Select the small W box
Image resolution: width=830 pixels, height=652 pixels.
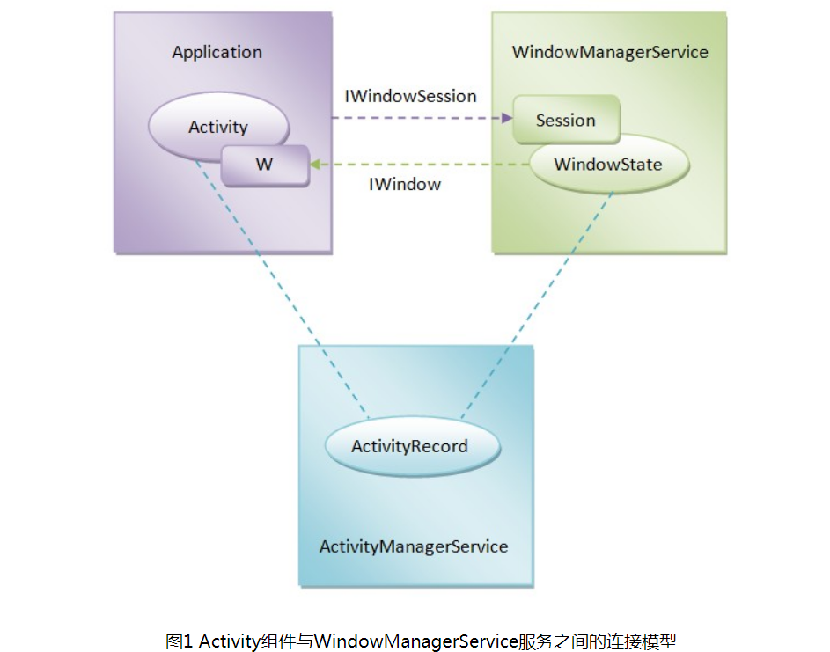tap(264, 165)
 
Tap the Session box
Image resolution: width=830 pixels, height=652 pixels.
tap(566, 121)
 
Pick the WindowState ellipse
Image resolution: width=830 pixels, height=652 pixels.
tap(607, 165)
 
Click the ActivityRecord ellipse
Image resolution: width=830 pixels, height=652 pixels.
tap(409, 446)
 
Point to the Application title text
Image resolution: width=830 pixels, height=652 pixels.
tap(217, 52)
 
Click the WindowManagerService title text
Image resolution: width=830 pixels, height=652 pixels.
tap(609, 52)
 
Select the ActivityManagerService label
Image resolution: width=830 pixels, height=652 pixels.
tap(414, 546)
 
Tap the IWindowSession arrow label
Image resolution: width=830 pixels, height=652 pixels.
tap(410, 96)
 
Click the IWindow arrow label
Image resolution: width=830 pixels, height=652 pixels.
tap(404, 185)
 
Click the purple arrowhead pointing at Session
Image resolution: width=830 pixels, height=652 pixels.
tap(506, 117)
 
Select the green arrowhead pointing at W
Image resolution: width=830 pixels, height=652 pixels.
tap(314, 165)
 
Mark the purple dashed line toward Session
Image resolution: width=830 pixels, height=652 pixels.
tap(414, 117)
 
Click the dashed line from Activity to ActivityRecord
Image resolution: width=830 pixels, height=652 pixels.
tap(282, 290)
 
